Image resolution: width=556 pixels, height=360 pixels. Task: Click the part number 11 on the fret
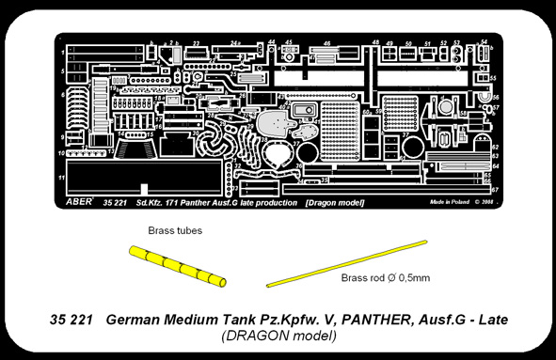pos(61,177)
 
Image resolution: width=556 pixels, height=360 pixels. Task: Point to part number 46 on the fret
pos(326,43)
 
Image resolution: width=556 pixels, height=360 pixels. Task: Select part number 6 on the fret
pos(61,95)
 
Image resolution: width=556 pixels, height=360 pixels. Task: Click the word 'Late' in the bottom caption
pos(488,320)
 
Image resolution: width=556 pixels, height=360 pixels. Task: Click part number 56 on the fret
pos(495,96)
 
